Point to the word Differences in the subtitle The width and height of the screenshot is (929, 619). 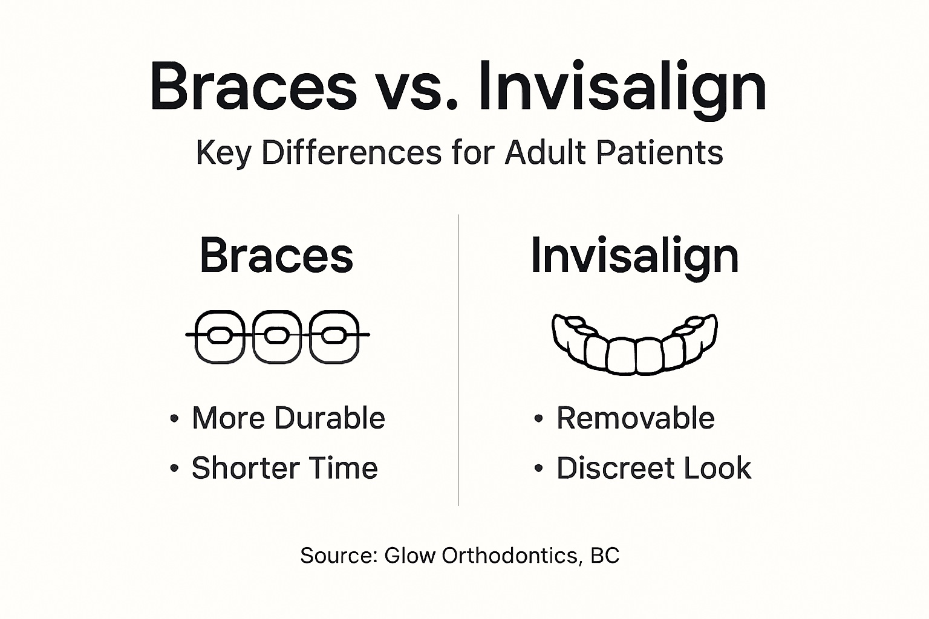(x=351, y=152)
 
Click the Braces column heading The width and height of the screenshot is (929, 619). (x=276, y=256)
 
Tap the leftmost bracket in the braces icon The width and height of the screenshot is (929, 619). (x=219, y=336)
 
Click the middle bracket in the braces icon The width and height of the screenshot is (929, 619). (x=276, y=336)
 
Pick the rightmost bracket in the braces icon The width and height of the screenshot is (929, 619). (x=334, y=336)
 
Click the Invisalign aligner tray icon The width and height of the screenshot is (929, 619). (x=634, y=343)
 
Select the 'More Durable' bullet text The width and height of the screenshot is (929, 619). (x=288, y=418)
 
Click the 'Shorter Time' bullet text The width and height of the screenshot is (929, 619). (x=284, y=468)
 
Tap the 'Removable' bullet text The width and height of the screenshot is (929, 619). (x=635, y=418)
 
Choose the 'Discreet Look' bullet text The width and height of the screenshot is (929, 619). (x=653, y=468)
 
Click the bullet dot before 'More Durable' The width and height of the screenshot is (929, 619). (x=175, y=419)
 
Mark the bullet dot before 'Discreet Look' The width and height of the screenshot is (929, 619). (x=539, y=468)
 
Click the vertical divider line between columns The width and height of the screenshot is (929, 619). (x=458, y=363)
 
